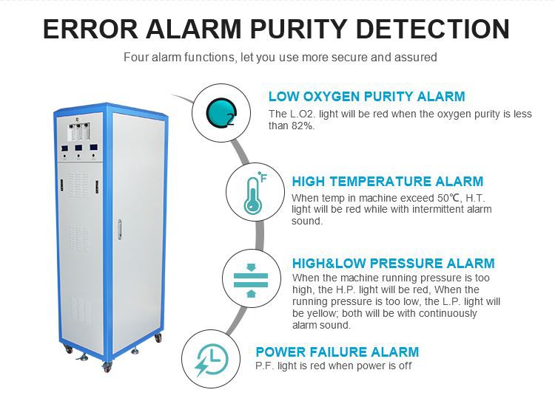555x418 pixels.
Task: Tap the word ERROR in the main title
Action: coord(90,29)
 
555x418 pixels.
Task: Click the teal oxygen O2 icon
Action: coord(221,113)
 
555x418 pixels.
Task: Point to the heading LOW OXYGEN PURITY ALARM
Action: coord(367,97)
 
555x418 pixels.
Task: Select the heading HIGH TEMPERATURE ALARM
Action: coord(388,181)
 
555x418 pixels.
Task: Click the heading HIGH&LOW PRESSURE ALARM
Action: coord(393,263)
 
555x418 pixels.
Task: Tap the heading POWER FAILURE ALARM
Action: coord(337,352)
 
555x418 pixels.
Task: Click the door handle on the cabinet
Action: coord(120,229)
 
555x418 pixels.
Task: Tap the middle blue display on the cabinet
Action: coord(78,148)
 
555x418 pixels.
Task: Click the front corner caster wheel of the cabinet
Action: coord(107,368)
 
